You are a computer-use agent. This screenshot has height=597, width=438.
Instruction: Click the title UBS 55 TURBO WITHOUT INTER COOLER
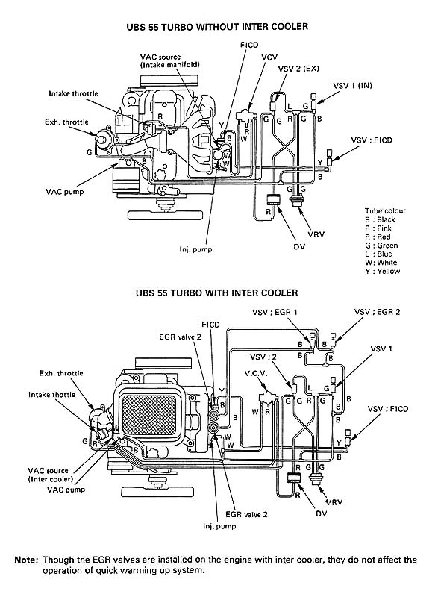coord(217,27)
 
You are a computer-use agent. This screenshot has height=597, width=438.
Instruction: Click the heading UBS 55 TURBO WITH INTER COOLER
coord(217,293)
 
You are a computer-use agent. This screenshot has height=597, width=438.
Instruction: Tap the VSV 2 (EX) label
coord(298,69)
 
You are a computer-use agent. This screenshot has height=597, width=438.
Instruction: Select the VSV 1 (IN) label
coord(352,85)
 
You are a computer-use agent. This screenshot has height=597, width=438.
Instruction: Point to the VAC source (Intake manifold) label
coord(169,61)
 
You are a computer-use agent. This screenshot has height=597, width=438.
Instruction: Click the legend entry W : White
coord(381,263)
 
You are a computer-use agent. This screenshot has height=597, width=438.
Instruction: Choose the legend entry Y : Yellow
coord(383,272)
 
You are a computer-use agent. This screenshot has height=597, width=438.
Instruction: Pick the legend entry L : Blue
coord(378,254)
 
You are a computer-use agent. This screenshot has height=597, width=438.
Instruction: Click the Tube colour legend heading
coord(385,211)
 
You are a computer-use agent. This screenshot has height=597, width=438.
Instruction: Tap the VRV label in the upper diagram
coord(316,234)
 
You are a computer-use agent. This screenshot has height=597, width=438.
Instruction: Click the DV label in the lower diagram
coord(322,513)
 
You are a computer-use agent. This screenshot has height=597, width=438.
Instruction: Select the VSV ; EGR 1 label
coord(275,312)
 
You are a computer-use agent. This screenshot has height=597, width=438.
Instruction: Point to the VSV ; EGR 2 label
coord(377,312)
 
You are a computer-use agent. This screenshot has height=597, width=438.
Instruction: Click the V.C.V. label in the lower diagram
coord(256,374)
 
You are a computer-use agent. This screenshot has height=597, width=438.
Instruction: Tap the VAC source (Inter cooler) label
coord(50,475)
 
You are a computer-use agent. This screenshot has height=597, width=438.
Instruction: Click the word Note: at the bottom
coord(27,560)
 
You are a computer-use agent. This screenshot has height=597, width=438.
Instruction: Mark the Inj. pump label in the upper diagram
coord(195,250)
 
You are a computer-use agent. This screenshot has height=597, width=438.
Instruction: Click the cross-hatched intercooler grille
coord(148,415)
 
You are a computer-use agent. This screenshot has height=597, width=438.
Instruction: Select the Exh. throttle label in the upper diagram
coord(66,122)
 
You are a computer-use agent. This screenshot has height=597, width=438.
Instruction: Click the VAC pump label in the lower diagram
coord(66,490)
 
